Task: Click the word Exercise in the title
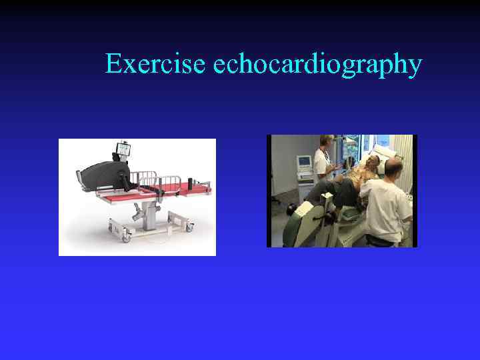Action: click(156, 65)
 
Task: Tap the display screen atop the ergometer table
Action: click(123, 148)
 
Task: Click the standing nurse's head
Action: click(326, 143)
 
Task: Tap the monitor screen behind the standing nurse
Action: click(303, 162)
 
